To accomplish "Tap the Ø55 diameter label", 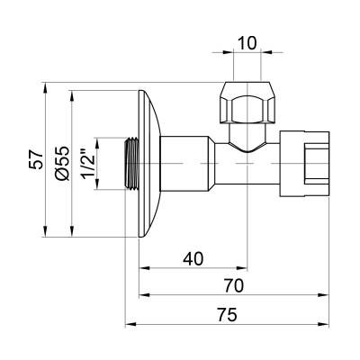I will pyautogui.click(x=60, y=163).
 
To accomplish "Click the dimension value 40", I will pyautogui.click(x=191, y=258).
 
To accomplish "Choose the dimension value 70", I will pyautogui.click(x=234, y=287).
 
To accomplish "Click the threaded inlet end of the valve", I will pyautogui.click(x=128, y=163).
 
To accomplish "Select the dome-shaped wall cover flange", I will pyautogui.click(x=148, y=163).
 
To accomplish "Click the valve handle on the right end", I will pyautogui.click(x=311, y=163).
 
